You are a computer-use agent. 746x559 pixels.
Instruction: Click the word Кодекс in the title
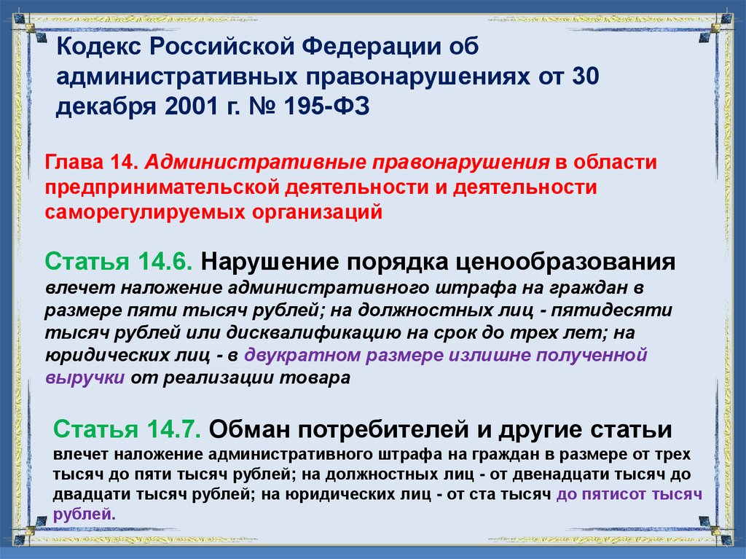tap(98, 47)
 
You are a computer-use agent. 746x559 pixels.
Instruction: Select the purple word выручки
tap(85, 378)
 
